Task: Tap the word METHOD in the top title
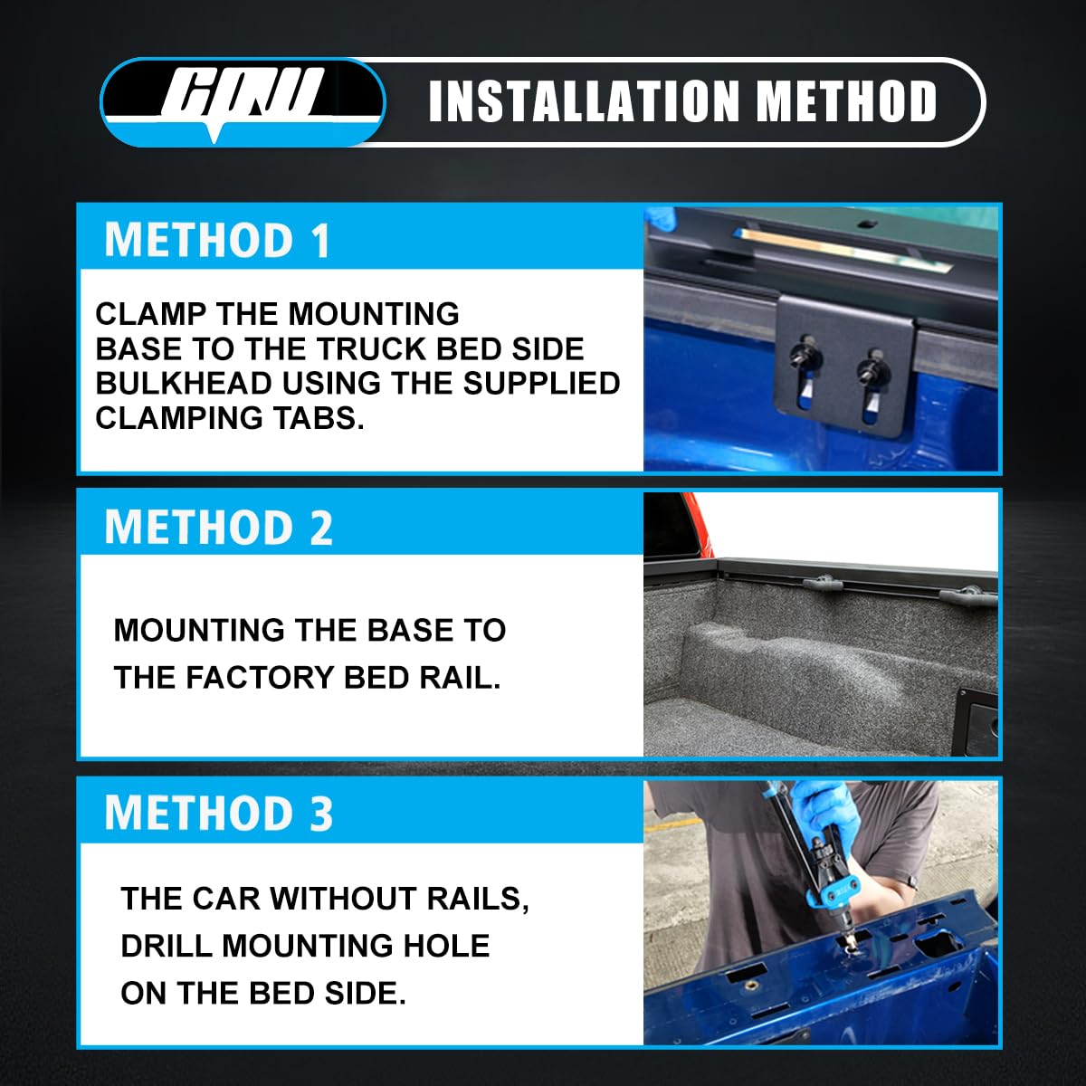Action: (846, 101)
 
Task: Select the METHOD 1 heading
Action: (217, 241)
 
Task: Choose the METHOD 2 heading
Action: (219, 527)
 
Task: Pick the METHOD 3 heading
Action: (219, 814)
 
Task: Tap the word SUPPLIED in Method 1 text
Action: (541, 384)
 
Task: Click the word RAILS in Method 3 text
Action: (478, 899)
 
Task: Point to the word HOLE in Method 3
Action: (444, 946)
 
